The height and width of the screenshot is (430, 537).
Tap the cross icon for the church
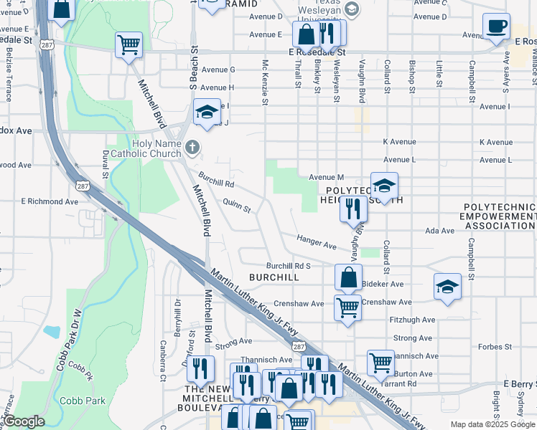(192, 148)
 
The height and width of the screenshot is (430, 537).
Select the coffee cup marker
(496, 28)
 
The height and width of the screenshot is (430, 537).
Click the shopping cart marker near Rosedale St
(129, 45)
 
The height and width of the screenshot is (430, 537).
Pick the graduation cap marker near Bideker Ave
(447, 287)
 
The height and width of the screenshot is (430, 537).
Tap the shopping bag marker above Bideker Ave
(348, 277)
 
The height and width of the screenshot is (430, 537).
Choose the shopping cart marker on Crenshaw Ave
(348, 308)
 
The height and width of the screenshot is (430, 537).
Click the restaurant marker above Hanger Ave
(353, 209)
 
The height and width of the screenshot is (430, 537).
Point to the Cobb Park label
(83, 401)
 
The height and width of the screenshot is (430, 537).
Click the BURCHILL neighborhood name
(274, 277)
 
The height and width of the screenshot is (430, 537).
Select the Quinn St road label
(237, 206)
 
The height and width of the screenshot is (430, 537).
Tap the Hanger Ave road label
(317, 242)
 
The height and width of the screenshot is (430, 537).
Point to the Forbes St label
(495, 347)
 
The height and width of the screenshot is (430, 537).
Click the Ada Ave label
(440, 231)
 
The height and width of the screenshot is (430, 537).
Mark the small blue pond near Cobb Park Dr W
(52, 332)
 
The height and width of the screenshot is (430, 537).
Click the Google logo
(24, 421)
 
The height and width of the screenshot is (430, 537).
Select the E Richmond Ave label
(50, 202)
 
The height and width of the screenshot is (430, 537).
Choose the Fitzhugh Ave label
(412, 320)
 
